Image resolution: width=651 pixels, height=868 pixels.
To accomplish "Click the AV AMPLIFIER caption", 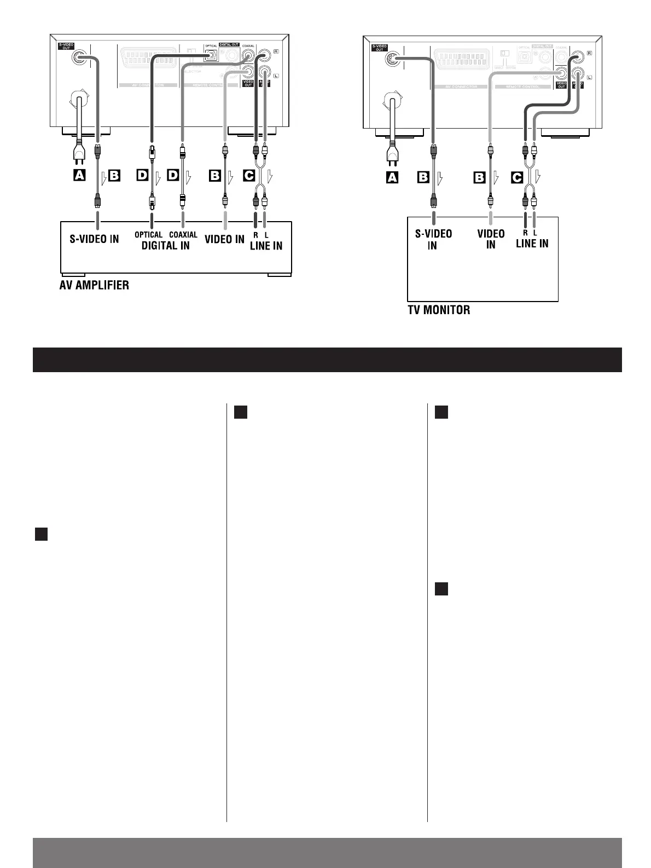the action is (94, 285).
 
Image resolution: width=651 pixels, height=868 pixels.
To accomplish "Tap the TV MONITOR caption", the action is (439, 310).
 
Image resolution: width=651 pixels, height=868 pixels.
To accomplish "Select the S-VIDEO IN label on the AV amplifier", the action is (94, 239).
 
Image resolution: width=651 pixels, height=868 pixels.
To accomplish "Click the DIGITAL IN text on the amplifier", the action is (166, 245).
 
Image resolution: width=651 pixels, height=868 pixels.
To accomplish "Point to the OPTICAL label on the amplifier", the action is (149, 235).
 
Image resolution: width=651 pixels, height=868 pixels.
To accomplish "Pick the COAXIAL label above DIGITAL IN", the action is (183, 235).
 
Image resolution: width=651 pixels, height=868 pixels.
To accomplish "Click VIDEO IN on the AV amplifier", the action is (224, 239).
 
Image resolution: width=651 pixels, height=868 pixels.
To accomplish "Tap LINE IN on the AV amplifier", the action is (266, 246).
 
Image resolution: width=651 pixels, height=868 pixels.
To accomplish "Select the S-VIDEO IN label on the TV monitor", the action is (433, 240).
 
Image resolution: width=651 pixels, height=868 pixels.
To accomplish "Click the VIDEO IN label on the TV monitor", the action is (491, 239).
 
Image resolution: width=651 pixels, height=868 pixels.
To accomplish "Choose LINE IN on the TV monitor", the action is (532, 243).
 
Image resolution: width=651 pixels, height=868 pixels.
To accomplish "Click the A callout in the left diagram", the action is (79, 176).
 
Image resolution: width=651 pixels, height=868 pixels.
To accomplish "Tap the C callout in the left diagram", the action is (248, 176).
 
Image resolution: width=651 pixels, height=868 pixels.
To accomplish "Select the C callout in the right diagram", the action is (516, 177).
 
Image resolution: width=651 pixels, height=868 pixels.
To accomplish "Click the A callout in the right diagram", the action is (392, 177).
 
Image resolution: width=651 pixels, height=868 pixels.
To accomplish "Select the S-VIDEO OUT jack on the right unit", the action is (392, 59).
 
